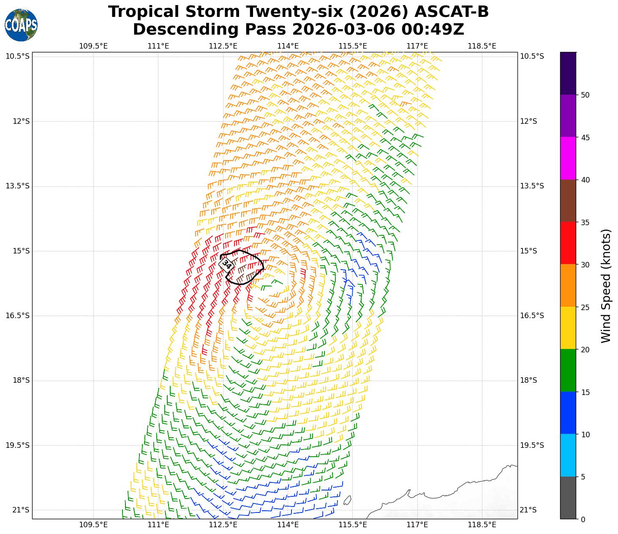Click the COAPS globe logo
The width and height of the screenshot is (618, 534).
point(21,25)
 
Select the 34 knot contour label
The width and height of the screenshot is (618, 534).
point(226,264)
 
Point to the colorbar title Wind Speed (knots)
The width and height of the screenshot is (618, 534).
point(606,286)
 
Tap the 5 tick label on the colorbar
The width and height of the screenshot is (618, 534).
point(583,477)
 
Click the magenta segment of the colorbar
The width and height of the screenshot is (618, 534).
point(568,158)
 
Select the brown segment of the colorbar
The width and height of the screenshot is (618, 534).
point(568,201)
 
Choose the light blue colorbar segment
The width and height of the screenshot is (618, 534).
point(568,455)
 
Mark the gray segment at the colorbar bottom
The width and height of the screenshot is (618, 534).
point(568,498)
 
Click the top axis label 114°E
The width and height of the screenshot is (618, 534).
point(288,46)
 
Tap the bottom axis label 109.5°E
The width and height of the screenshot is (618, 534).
point(93,525)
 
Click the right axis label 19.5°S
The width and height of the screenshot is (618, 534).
point(531,445)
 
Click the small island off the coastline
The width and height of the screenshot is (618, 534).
point(347,500)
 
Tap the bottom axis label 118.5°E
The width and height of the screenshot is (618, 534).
point(482,525)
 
